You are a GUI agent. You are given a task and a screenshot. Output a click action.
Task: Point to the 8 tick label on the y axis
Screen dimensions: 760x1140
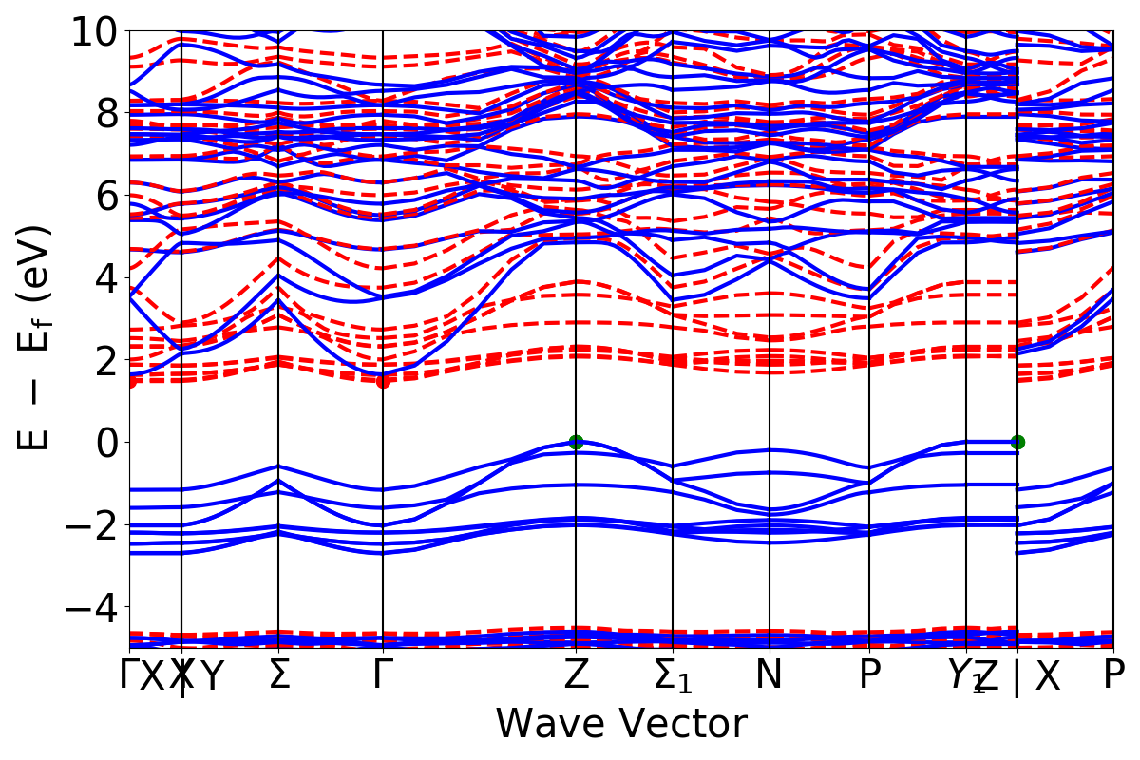(x=104, y=113)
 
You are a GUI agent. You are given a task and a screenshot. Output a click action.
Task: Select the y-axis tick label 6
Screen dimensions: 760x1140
(x=104, y=196)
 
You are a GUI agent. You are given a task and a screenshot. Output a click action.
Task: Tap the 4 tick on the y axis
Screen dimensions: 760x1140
(x=104, y=277)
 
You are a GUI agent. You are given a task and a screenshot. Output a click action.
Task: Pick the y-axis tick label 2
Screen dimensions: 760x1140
(x=104, y=360)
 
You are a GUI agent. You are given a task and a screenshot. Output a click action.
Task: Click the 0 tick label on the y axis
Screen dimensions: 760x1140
(x=104, y=442)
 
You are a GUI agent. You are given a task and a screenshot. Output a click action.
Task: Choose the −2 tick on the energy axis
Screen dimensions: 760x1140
(x=93, y=524)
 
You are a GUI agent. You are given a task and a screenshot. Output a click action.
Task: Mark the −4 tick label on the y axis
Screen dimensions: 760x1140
(x=93, y=606)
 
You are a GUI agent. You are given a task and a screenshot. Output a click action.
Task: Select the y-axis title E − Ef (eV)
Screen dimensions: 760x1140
(x=36, y=338)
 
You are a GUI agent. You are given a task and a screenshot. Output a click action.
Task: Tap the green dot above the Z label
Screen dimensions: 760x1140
(x=576, y=442)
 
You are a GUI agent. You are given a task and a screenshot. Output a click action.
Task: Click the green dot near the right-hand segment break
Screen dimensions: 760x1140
(x=1017, y=442)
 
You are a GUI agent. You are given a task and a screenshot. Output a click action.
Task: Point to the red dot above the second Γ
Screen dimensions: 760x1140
(x=383, y=381)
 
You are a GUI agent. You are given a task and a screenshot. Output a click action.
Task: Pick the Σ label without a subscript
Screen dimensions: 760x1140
(x=278, y=675)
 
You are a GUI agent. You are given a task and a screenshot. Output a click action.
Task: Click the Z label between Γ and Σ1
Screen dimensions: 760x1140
(x=576, y=675)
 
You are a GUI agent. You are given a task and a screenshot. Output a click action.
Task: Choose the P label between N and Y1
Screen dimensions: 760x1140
(x=869, y=675)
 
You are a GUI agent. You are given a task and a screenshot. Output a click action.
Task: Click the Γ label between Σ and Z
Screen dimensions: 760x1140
(x=383, y=675)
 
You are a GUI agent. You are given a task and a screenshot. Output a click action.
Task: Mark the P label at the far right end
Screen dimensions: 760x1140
(x=1114, y=675)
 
